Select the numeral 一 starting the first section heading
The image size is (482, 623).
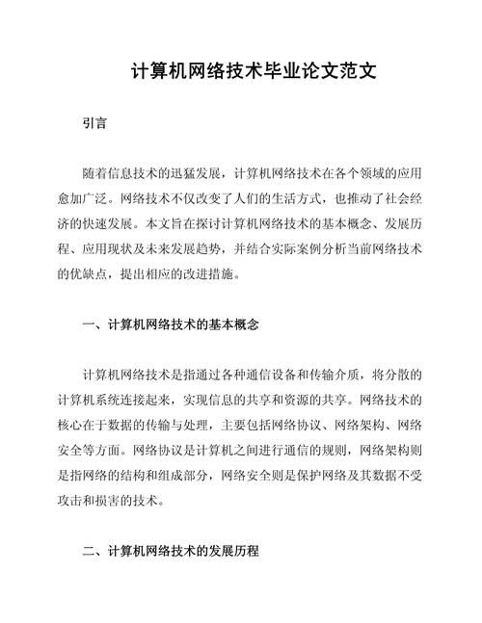coord(89,324)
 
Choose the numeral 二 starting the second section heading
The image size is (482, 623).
coord(89,552)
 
